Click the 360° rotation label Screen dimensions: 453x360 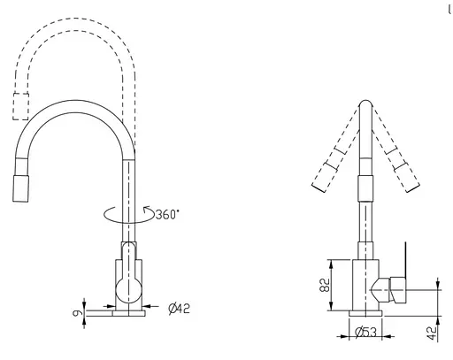(167, 214)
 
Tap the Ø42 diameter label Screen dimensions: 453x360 (180, 309)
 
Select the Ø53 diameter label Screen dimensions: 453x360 (365, 333)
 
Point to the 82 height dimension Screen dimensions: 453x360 (325, 285)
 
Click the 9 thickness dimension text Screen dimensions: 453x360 (77, 312)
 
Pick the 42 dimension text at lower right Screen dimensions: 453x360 (432, 333)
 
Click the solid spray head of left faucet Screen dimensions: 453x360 (21, 188)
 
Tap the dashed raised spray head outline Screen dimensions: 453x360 (20, 107)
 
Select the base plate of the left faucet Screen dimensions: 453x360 (129, 313)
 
